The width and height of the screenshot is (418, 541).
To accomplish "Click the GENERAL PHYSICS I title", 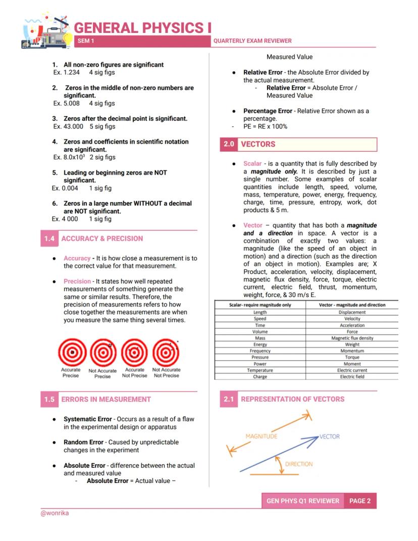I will [x=143, y=28].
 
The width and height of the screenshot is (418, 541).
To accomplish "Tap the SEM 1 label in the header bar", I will [x=86, y=41].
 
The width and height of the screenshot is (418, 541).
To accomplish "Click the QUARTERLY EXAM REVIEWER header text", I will [x=252, y=41].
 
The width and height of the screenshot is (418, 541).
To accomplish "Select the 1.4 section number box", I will [x=49, y=238].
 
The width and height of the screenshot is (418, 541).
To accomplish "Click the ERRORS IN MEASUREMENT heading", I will [x=106, y=399].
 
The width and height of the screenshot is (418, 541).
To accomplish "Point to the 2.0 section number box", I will [x=229, y=144].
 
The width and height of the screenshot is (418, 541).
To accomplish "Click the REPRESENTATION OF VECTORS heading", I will [x=292, y=399].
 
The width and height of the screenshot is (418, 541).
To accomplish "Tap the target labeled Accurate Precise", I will [x=71, y=352].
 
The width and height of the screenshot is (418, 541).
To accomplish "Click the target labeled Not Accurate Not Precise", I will [x=166, y=352].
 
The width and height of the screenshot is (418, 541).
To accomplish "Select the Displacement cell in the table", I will [x=352, y=312].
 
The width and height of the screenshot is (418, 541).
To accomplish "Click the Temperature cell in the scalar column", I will [x=260, y=370].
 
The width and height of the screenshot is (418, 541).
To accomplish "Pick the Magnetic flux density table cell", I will [x=352, y=338].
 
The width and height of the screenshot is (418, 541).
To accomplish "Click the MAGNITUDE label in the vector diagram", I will [x=261, y=436].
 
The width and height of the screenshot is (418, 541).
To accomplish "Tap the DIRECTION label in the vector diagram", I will [x=298, y=464].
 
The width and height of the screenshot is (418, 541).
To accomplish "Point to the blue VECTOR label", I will [x=330, y=436].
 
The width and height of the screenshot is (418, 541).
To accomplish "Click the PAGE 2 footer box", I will [x=360, y=501].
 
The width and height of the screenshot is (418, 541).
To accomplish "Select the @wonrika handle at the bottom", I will [x=55, y=513].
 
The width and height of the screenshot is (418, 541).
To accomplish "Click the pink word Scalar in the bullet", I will [x=252, y=164].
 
